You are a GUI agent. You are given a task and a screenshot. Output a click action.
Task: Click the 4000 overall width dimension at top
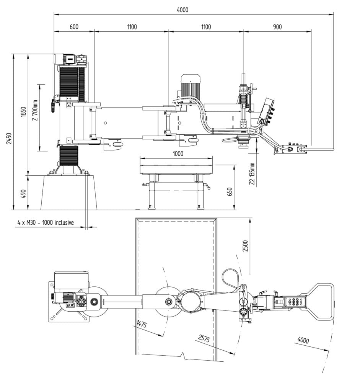click(182, 10)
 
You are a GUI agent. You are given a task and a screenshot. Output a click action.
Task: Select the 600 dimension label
click(74, 27)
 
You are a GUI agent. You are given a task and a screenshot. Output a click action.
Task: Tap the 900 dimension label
click(277, 27)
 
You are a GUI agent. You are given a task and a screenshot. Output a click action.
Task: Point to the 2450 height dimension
click(9, 138)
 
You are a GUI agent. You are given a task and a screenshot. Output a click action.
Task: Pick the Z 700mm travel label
click(35, 111)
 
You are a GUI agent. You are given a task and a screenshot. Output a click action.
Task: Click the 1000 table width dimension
click(178, 154)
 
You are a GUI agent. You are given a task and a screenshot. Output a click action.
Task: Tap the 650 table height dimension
click(230, 192)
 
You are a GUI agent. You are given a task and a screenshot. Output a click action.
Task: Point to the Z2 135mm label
click(252, 174)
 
